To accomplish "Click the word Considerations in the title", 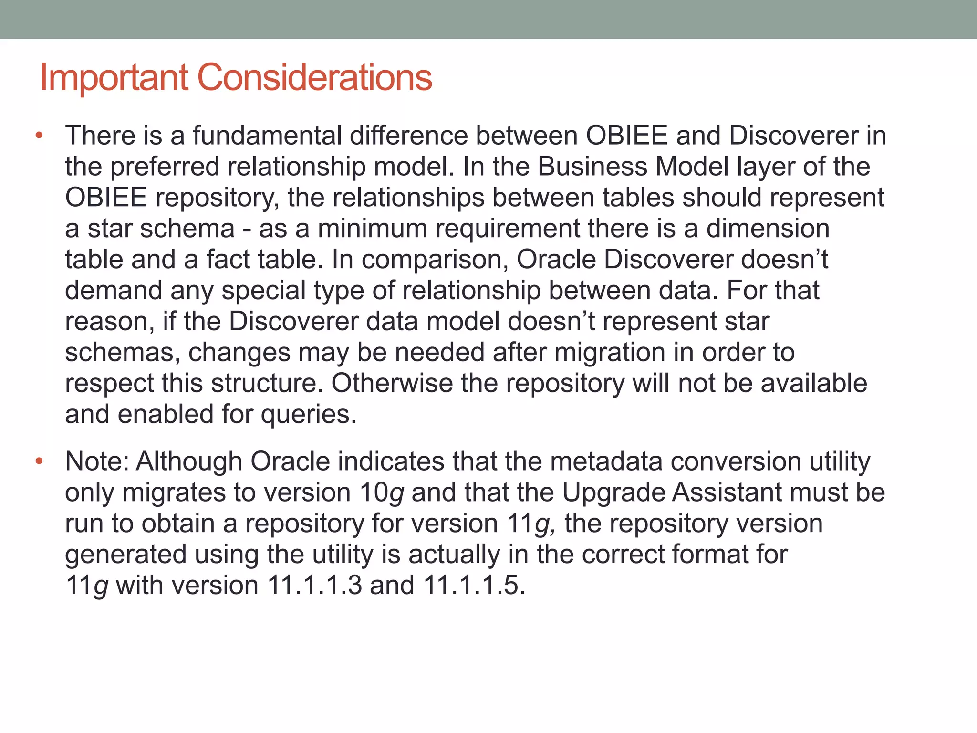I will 314,77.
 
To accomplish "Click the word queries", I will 308,415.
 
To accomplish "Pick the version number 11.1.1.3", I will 315,585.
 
